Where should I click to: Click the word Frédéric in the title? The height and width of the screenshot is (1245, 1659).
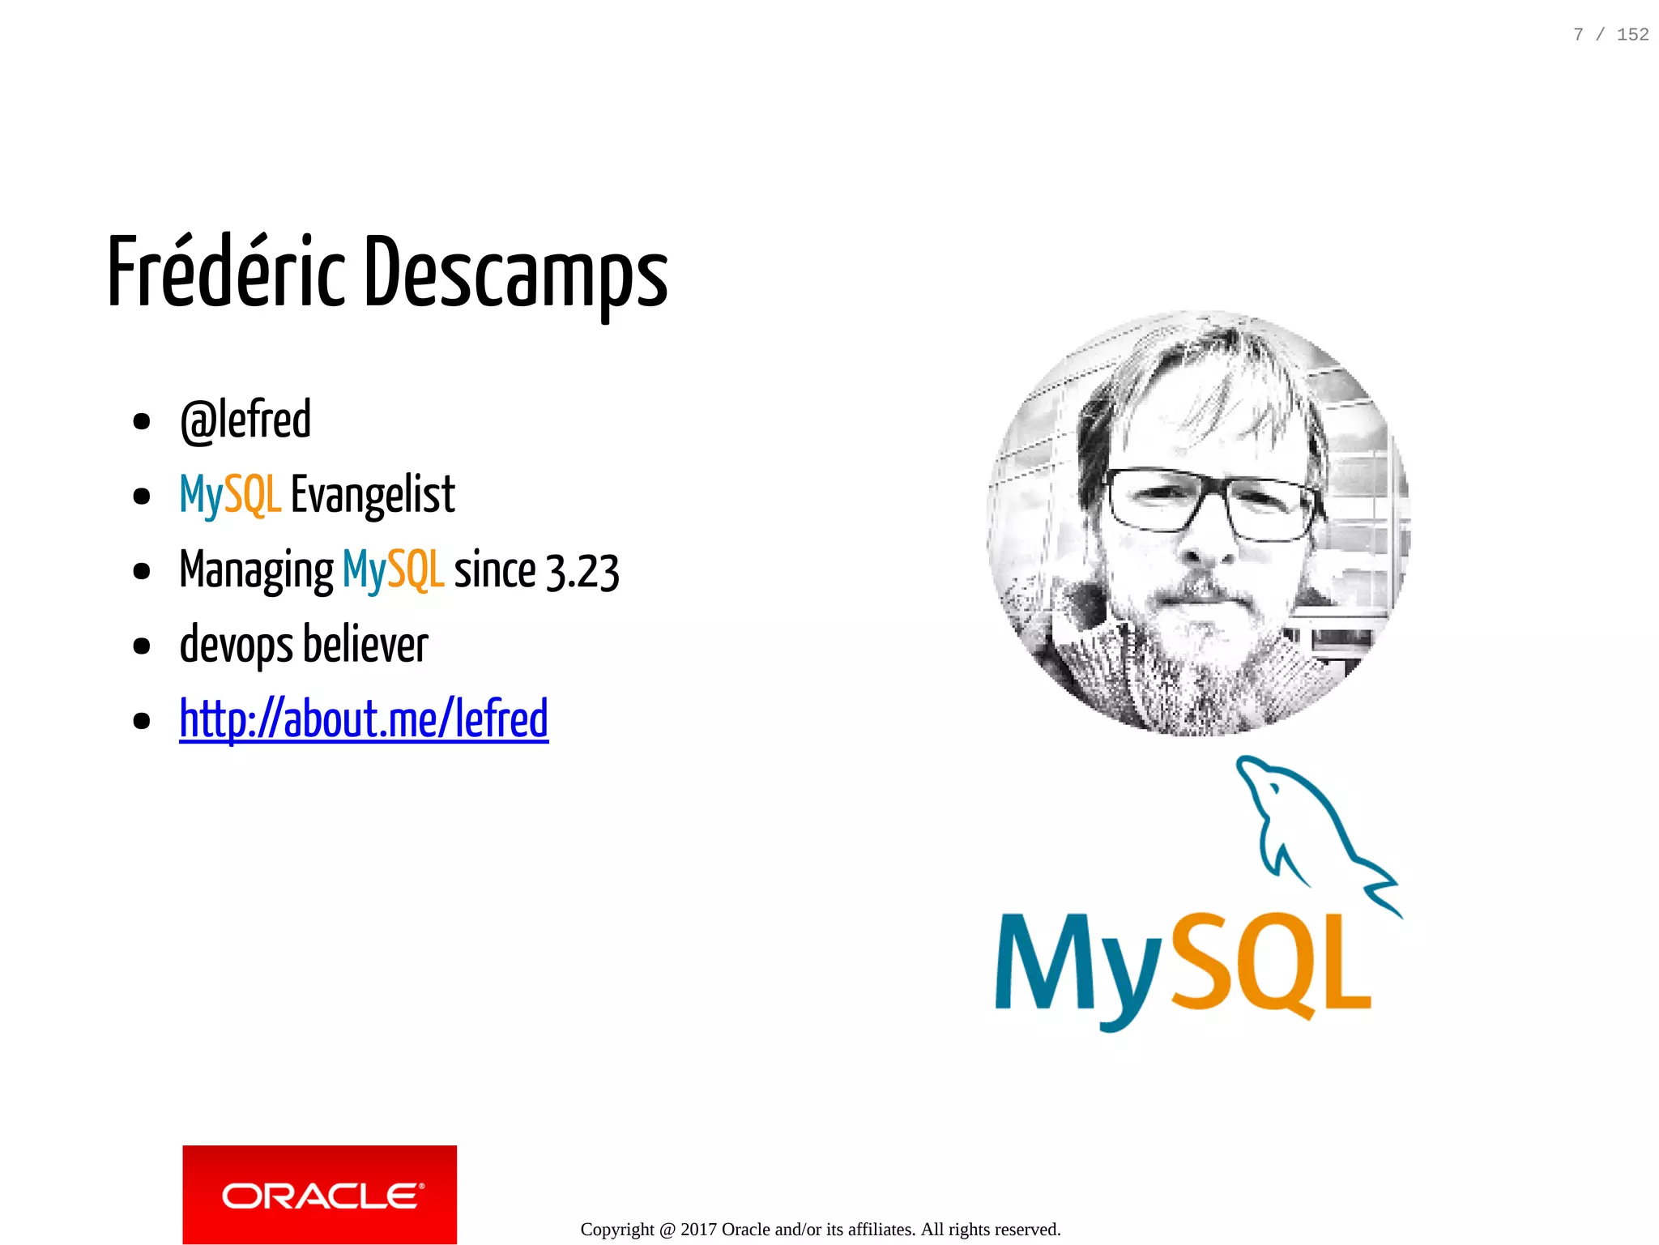(x=226, y=271)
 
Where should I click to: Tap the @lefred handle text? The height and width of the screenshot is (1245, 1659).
(x=245, y=420)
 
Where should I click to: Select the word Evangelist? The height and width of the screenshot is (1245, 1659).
(x=373, y=495)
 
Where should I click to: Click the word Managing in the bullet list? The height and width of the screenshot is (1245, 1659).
(x=256, y=570)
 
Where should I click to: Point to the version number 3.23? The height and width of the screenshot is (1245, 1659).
(x=582, y=571)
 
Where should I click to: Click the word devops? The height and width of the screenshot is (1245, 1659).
(x=237, y=646)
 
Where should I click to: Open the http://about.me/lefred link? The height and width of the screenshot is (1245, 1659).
(x=364, y=719)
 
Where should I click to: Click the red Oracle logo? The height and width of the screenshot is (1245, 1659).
(x=319, y=1194)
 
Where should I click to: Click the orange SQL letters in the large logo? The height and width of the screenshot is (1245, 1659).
(x=1271, y=964)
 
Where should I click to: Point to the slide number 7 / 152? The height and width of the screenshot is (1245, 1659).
(x=1610, y=35)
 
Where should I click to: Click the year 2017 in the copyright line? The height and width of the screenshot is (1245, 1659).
(x=698, y=1230)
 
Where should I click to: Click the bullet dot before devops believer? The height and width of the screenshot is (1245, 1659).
(x=142, y=646)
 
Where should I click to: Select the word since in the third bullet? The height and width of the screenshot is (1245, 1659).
(x=494, y=570)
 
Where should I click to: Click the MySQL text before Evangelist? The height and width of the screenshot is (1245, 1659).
(x=230, y=495)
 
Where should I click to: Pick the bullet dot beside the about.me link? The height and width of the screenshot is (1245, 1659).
(x=142, y=720)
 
